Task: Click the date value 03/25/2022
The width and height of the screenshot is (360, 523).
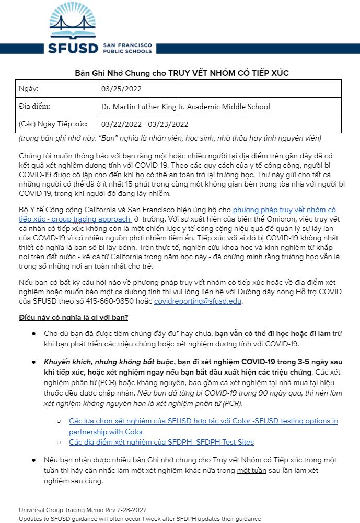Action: (120, 89)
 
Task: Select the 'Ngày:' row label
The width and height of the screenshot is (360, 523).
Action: (28, 89)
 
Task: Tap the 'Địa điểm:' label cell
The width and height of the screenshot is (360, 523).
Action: (34, 107)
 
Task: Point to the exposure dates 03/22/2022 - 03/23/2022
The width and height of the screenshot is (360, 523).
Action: (145, 124)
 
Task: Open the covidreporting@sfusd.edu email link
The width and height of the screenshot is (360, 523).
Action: (198, 301)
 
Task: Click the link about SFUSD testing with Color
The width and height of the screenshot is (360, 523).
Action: (203, 421)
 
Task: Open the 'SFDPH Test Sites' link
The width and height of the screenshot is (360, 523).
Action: (161, 442)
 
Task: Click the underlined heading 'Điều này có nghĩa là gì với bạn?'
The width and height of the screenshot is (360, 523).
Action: (74, 317)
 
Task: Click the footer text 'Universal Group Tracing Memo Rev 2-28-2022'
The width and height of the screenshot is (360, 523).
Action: (83, 510)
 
